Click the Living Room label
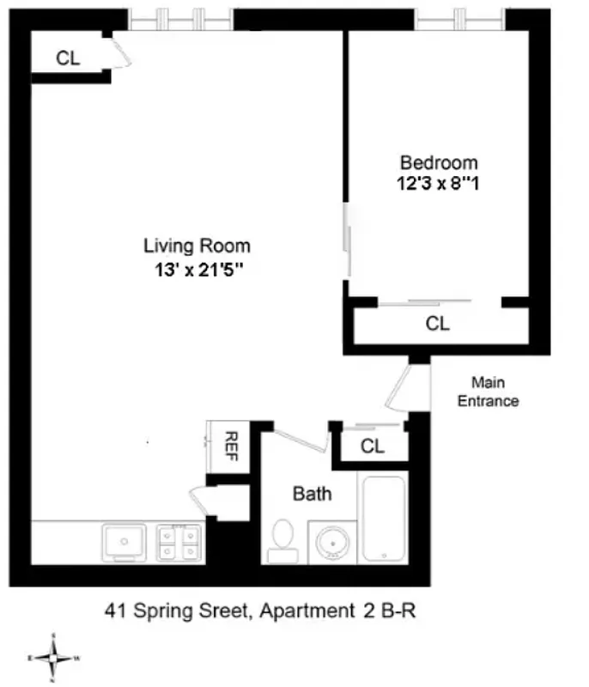pos(197,246)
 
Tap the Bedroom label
pos(439,162)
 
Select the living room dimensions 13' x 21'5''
pos(197,271)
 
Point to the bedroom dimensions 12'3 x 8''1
pos(439,183)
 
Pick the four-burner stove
pos(178,542)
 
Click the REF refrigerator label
pos(230,445)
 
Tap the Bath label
pos(312,494)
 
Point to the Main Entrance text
pos(488,391)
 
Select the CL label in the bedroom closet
pos(438,324)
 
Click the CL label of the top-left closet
pos(68,58)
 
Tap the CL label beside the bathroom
pos(372,447)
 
